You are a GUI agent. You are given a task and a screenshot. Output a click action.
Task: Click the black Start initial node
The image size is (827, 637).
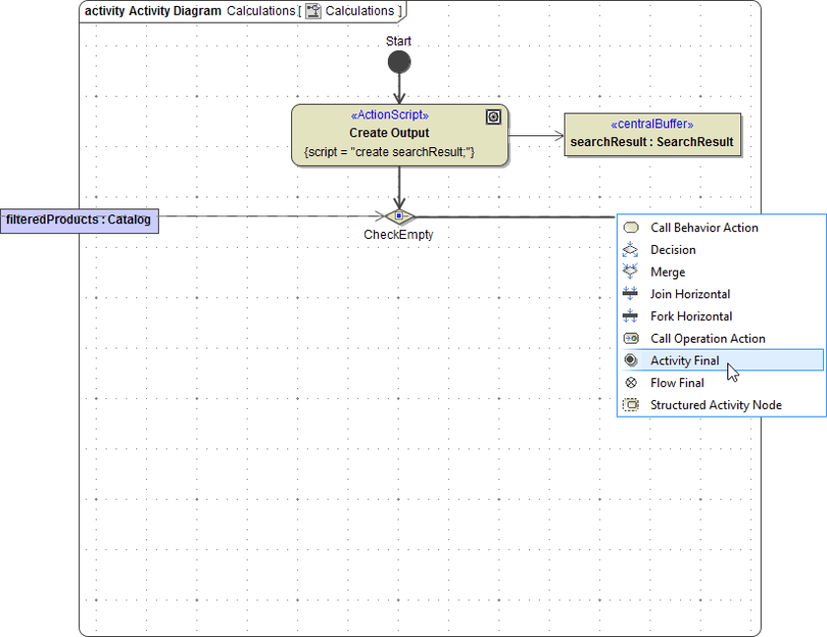399,63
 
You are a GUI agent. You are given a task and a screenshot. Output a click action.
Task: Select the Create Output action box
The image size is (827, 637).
400,134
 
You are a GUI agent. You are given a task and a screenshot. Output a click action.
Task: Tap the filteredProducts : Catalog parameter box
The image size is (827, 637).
79,219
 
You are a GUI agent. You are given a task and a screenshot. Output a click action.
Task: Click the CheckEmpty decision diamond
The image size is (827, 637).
399,216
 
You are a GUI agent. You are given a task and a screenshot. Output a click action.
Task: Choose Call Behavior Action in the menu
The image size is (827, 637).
704,228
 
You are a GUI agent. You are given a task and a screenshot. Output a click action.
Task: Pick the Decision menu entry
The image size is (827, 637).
673,250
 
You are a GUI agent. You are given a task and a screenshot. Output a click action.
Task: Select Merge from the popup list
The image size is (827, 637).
667,273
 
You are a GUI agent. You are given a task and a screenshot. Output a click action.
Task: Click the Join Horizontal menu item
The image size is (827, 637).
690,294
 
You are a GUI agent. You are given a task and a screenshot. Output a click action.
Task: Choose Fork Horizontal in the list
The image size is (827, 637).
691,317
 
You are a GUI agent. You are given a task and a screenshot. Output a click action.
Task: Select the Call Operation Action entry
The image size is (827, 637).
708,339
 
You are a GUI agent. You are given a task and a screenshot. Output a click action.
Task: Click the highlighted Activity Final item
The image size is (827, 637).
685,360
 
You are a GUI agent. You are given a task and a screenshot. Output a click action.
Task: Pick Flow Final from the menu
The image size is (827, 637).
677,383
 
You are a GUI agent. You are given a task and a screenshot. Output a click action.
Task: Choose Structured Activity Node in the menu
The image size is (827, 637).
715,405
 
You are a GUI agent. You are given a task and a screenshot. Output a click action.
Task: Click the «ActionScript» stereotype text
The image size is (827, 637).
390,116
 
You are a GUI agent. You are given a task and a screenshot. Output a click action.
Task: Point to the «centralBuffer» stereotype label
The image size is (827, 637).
651,124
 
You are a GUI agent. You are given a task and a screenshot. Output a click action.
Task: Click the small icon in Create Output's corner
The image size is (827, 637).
493,117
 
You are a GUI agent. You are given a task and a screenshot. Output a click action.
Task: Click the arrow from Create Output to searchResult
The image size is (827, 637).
535,135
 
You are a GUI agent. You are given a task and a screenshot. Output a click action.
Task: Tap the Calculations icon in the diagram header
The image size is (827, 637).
314,11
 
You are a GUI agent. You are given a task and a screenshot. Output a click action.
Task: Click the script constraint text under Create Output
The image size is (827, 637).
390,152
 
